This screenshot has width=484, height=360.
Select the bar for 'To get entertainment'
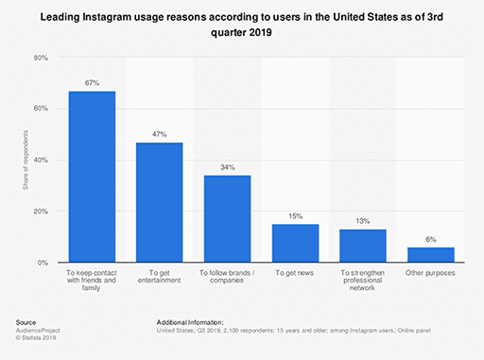coord(160,202)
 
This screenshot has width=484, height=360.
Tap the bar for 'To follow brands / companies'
coord(228,218)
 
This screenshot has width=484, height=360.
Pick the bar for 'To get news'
coord(295,243)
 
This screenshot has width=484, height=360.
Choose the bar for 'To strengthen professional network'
coord(363,246)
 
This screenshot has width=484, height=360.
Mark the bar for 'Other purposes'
coord(430,254)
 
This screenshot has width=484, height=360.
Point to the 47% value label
coord(160,134)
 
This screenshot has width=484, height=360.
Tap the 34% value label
coord(228,167)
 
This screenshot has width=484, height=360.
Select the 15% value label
coord(295,216)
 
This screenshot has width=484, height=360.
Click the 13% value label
coord(363,221)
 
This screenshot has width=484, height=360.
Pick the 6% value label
coord(430,239)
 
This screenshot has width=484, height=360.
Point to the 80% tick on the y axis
coord(41,58)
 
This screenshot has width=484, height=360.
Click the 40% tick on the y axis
coord(41,160)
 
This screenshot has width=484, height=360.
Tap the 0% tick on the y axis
coord(43,263)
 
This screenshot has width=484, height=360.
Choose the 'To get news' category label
coord(295,272)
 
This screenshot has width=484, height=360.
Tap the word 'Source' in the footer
coord(26,322)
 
